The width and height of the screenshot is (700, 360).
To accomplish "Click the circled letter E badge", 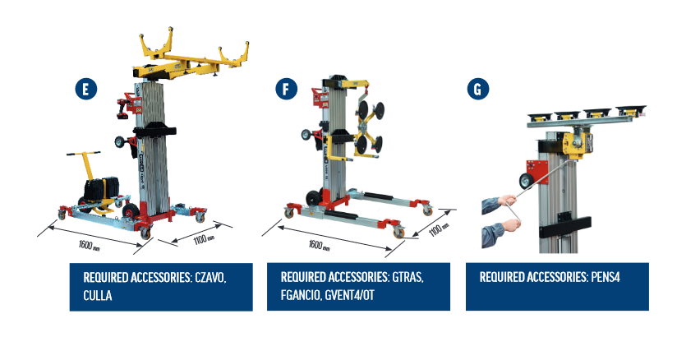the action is (x=86, y=89).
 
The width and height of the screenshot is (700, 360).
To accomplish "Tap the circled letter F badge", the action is (x=286, y=89).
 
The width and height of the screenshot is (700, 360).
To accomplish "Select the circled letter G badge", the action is (x=478, y=89).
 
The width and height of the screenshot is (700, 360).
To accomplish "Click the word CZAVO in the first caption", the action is (x=210, y=278).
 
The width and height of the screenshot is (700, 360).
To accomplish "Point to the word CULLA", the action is (x=97, y=296).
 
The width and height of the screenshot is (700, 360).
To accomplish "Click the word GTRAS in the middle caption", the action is (x=408, y=277).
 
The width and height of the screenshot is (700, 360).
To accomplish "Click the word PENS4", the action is (x=606, y=277).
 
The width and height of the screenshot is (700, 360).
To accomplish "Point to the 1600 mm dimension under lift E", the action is (x=90, y=245).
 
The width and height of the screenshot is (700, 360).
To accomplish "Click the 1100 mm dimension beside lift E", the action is (x=203, y=239).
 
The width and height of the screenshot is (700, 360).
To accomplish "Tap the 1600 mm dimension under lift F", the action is (x=320, y=245).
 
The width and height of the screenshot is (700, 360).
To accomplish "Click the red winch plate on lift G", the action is (x=537, y=172).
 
